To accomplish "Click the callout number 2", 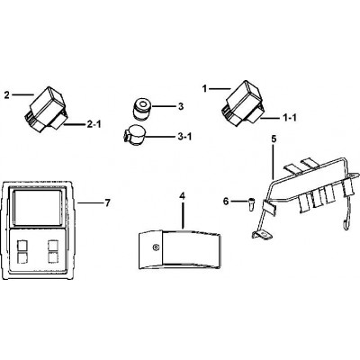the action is click(x=7, y=95).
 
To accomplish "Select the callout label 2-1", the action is click(x=94, y=124).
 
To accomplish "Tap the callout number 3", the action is click(x=181, y=106).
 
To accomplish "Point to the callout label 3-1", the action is click(x=184, y=137).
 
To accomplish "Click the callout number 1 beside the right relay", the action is click(x=204, y=89).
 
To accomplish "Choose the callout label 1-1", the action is click(x=290, y=118).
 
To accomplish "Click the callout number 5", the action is click(x=273, y=139).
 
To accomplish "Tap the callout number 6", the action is click(x=226, y=202).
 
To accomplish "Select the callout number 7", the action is click(x=107, y=203).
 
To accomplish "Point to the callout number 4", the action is click(x=183, y=195).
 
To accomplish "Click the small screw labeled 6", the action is click(x=251, y=205).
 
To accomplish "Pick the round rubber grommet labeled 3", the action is click(x=141, y=109).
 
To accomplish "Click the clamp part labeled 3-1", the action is click(x=133, y=136).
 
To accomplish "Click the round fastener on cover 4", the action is click(x=155, y=247).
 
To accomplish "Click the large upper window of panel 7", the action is click(x=38, y=208).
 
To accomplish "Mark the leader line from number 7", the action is click(x=89, y=203).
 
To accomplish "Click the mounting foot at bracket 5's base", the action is click(x=262, y=236).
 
